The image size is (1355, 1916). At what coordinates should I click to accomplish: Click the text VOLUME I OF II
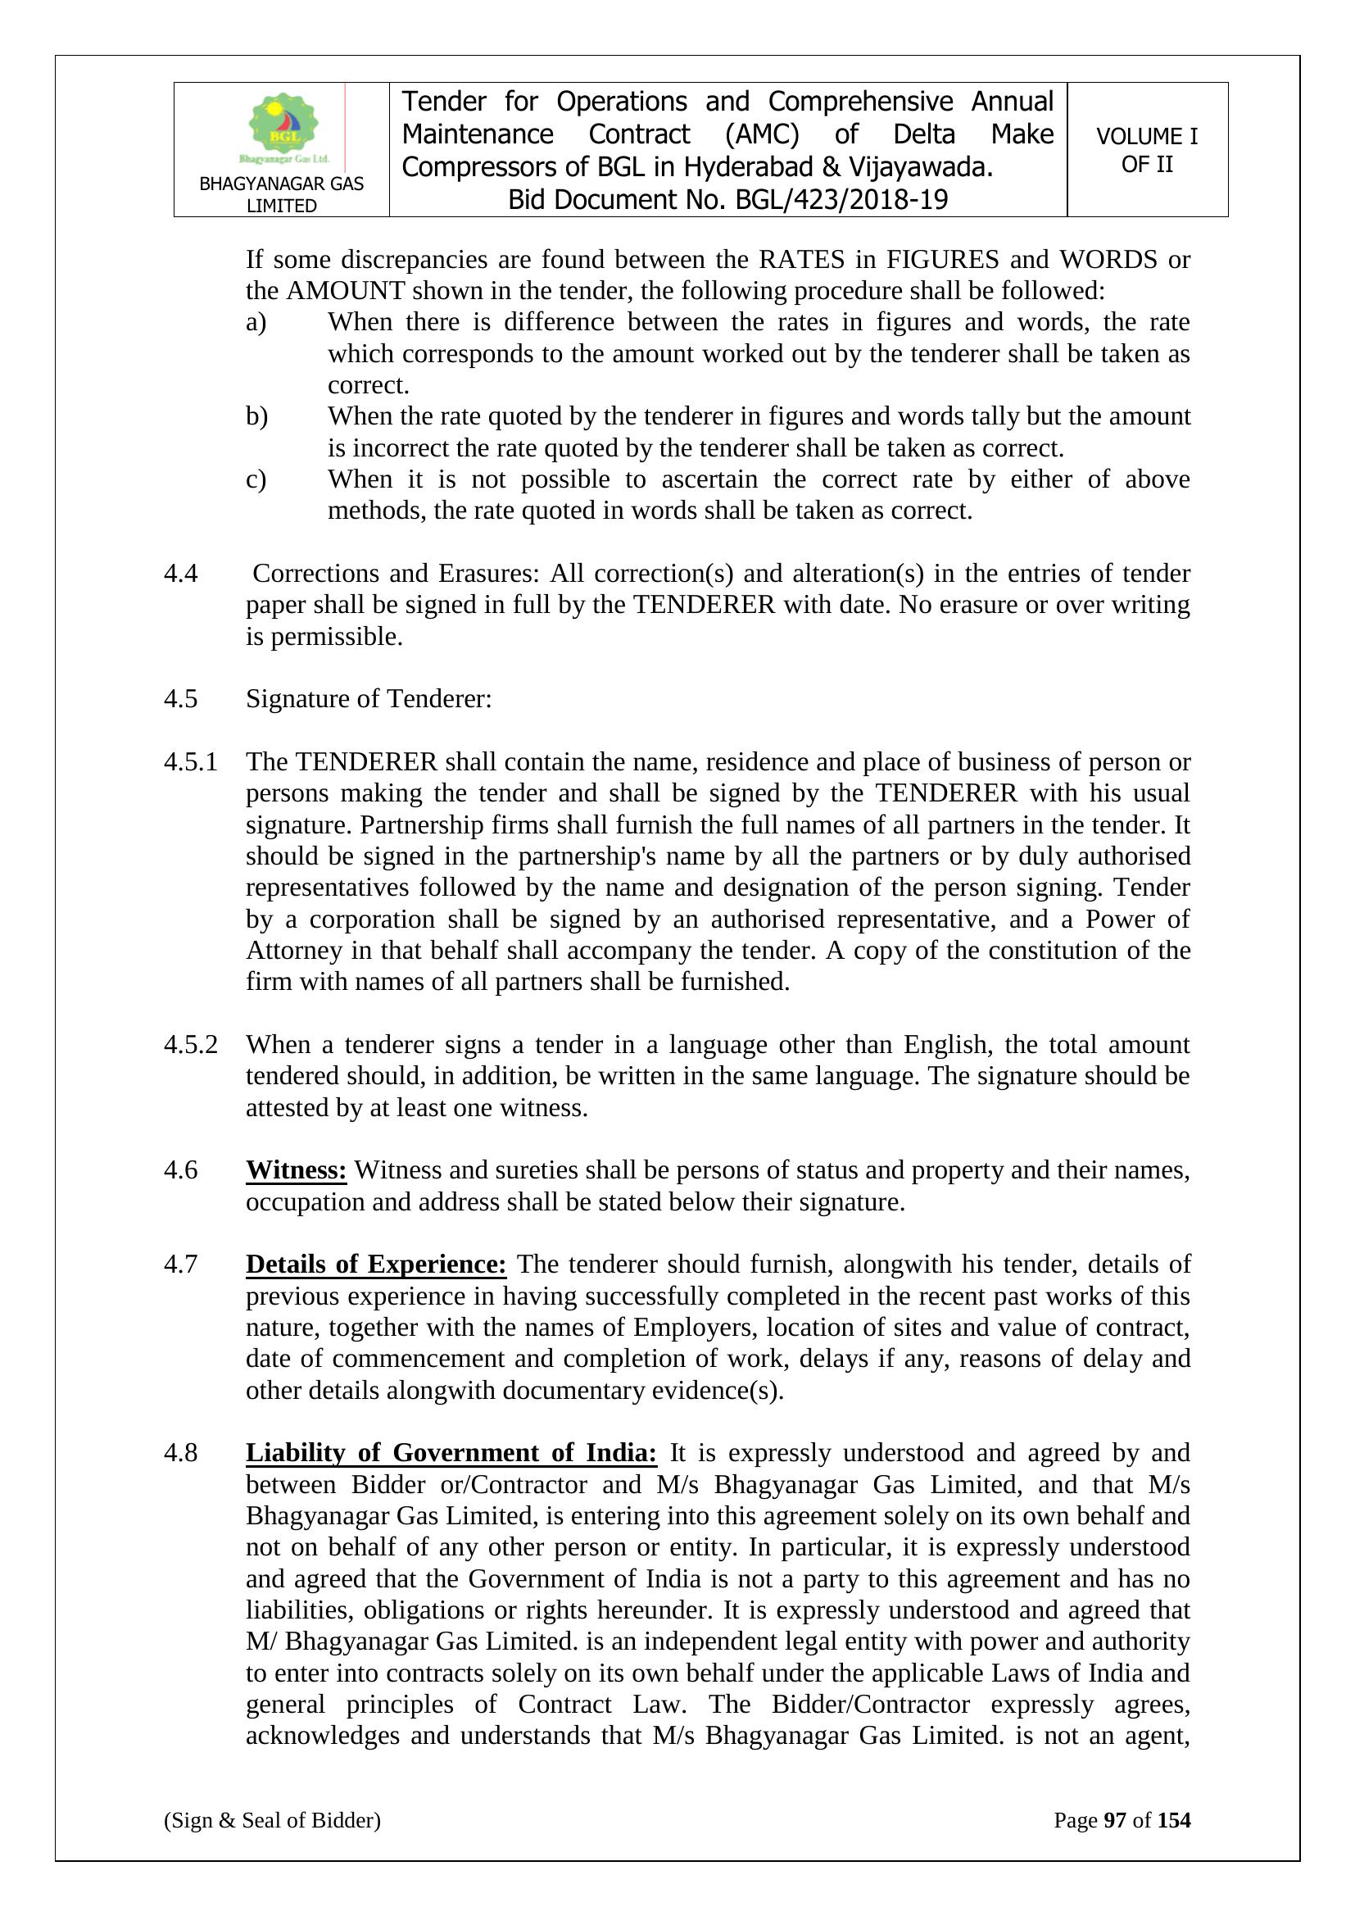[x=1146, y=150]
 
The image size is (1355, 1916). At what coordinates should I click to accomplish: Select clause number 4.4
[x=181, y=574]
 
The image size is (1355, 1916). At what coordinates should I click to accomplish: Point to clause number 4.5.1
[x=190, y=762]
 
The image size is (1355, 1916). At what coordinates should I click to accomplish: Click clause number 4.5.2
[x=190, y=1045]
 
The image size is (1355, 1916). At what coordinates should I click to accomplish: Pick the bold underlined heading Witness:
[x=297, y=1170]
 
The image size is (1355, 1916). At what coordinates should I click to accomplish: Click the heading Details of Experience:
[x=375, y=1264]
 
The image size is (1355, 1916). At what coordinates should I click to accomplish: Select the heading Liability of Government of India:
[x=451, y=1453]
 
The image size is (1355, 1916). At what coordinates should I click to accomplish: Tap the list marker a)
[x=256, y=322]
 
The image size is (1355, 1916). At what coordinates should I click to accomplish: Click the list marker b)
[x=256, y=416]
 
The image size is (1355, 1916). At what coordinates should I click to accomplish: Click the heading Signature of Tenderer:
[x=368, y=698]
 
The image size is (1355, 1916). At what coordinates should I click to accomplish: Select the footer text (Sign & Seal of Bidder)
[x=272, y=1820]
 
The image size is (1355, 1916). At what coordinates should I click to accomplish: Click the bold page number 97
[x=1115, y=1820]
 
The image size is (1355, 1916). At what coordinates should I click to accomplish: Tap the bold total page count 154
[x=1174, y=1820]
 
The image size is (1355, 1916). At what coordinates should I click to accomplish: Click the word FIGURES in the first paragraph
[x=942, y=260]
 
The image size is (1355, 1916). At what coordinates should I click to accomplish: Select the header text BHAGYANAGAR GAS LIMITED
[x=281, y=194]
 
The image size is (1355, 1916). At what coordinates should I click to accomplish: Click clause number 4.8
[x=181, y=1453]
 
